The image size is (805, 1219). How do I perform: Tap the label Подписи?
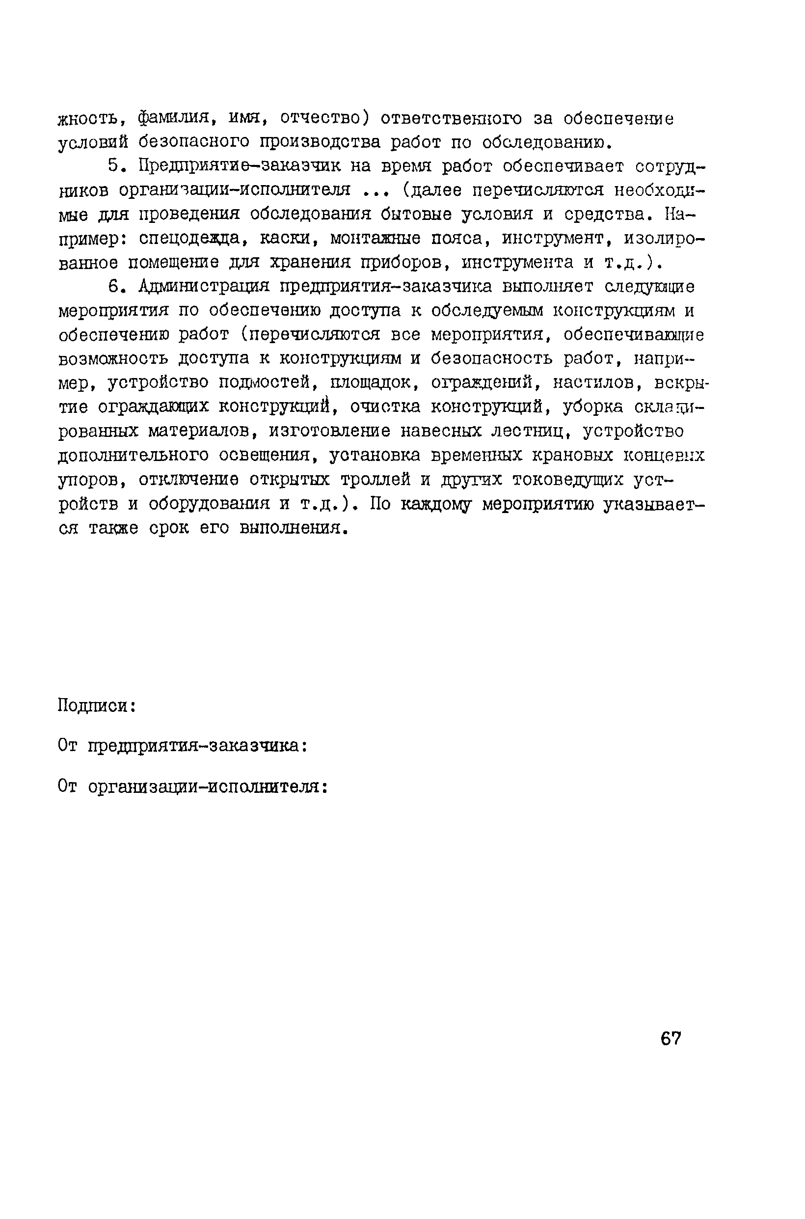click(x=97, y=706)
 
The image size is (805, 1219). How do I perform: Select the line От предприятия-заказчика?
click(x=183, y=745)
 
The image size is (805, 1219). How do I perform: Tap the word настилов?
click(x=597, y=383)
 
